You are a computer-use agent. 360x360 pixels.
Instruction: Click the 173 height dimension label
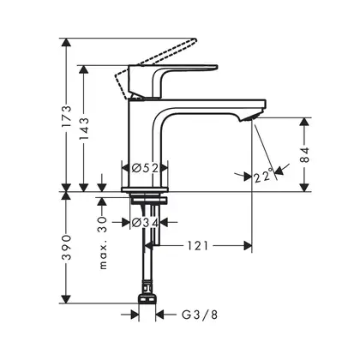pyautogui.click(x=66, y=117)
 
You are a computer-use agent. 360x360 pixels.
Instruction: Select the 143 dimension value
pyautogui.click(x=84, y=129)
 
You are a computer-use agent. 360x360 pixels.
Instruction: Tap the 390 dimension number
pyautogui.click(x=66, y=248)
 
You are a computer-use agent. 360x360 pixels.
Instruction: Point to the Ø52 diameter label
pyautogui.click(x=145, y=168)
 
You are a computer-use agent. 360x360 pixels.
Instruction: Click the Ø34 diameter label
pyautogui.click(x=145, y=222)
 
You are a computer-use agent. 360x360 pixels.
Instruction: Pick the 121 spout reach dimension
pyautogui.click(x=198, y=245)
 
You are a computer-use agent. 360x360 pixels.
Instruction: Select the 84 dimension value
pyautogui.click(x=305, y=155)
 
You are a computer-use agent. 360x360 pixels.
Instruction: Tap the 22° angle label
pyautogui.click(x=263, y=176)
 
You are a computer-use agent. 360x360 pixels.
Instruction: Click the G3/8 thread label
pyautogui.click(x=200, y=315)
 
